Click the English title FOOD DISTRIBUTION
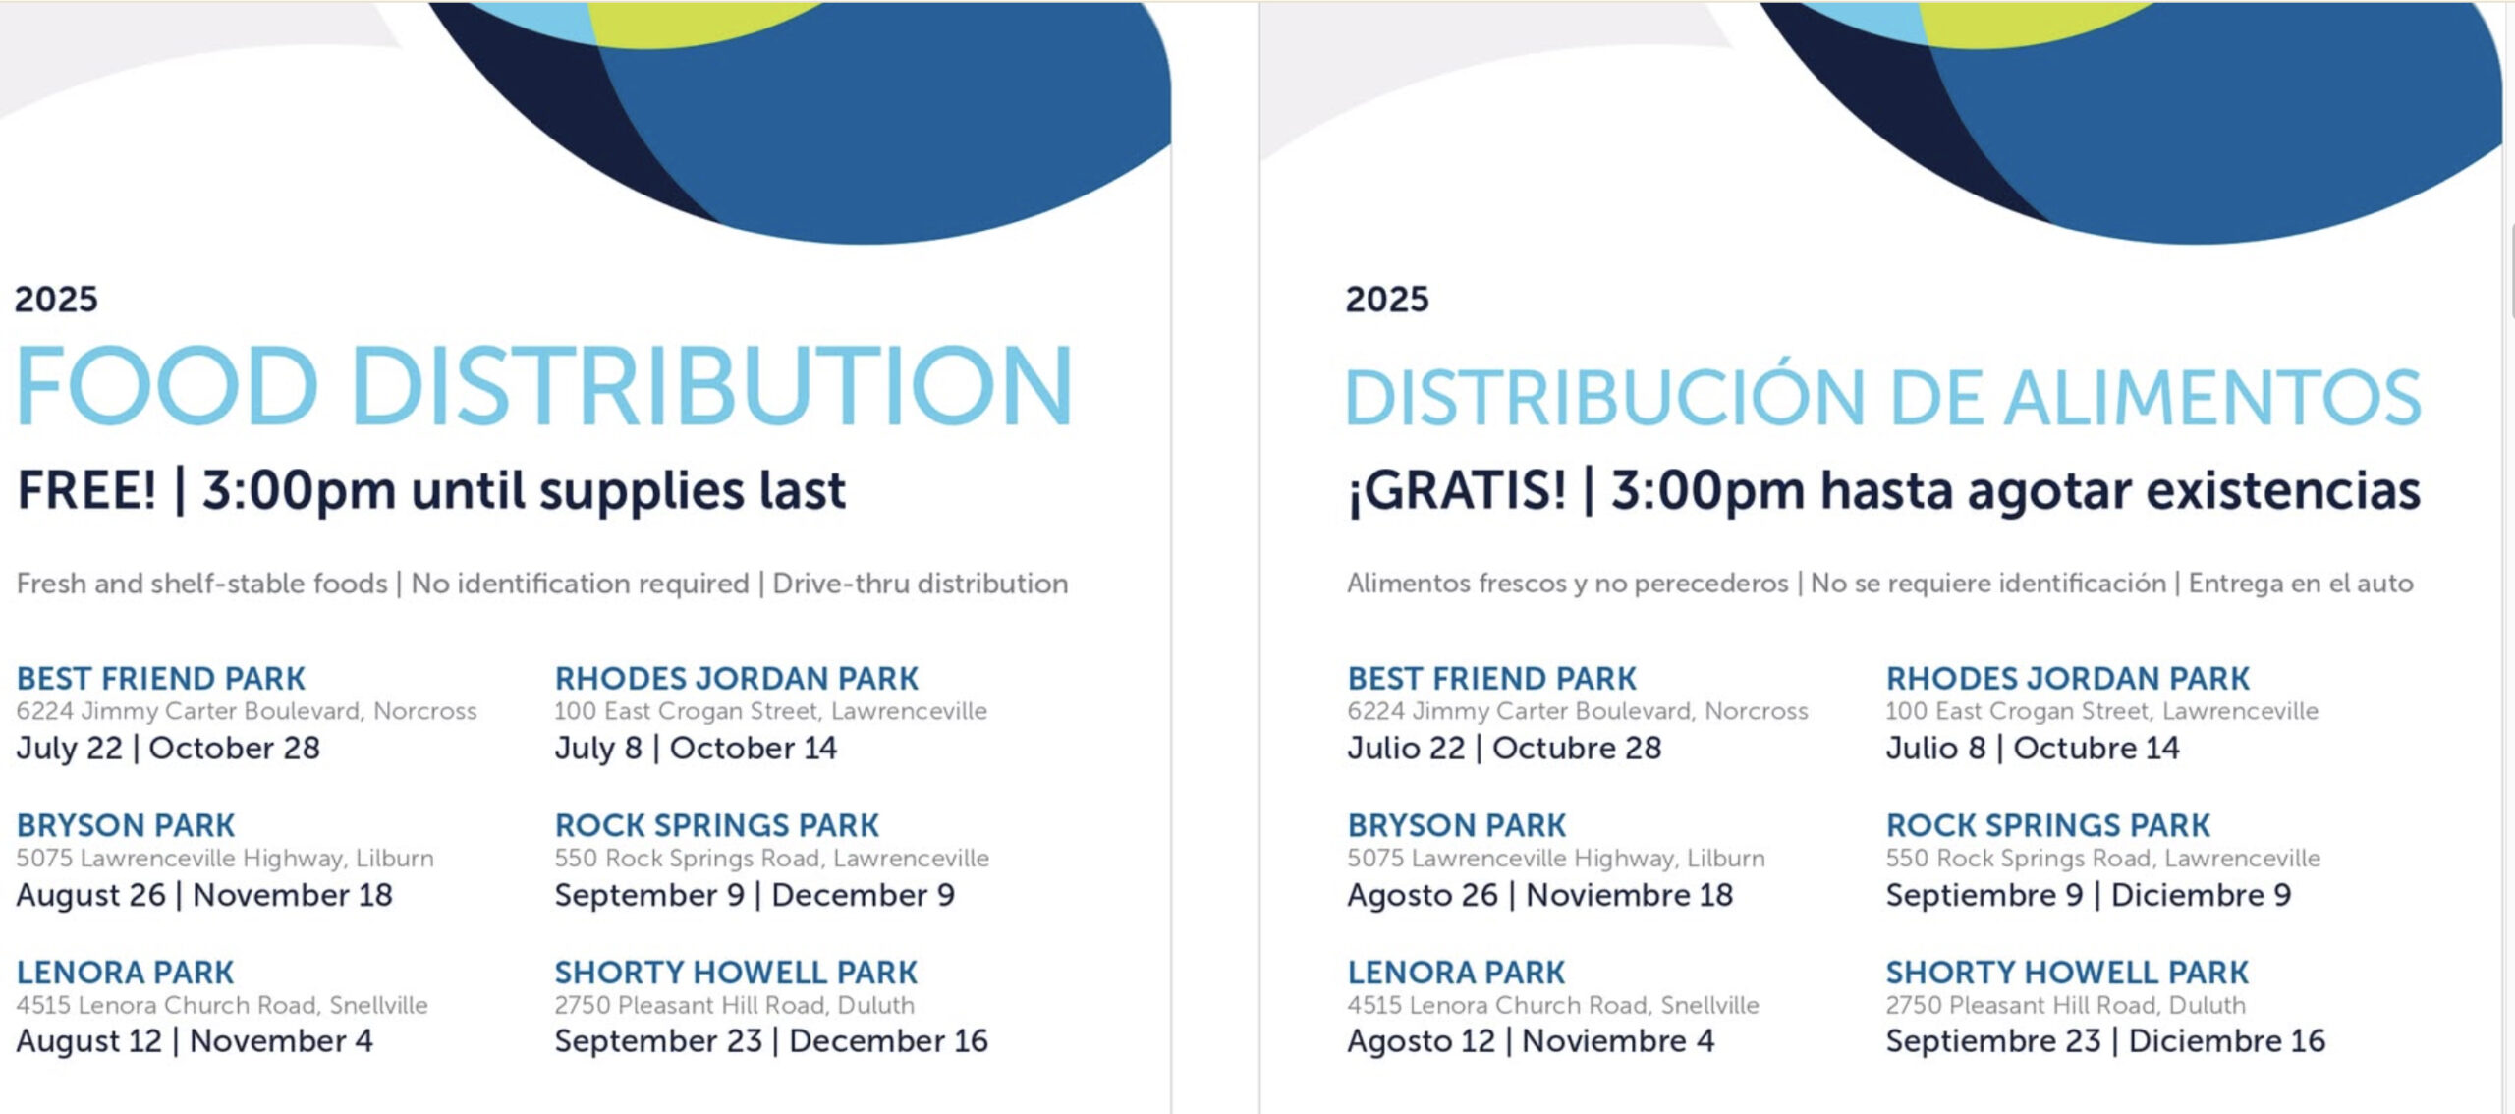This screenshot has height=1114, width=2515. click(543, 385)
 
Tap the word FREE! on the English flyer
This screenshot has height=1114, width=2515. click(86, 489)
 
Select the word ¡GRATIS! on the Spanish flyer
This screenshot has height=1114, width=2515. click(1457, 489)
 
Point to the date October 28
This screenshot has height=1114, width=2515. click(235, 749)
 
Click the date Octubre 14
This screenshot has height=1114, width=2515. click(2096, 749)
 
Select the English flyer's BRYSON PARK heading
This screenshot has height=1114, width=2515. click(126, 825)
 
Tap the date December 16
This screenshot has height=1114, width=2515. click(888, 1041)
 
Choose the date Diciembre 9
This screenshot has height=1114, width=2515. click(2201, 895)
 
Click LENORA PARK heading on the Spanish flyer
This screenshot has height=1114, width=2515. click(1456, 973)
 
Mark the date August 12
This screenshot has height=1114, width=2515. click(88, 1041)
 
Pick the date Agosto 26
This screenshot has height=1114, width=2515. click(1423, 896)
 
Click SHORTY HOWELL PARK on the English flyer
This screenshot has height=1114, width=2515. click(736, 973)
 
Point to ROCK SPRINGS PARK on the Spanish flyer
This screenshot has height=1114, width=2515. click(2047, 825)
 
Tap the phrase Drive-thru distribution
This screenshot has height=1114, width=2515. click(921, 584)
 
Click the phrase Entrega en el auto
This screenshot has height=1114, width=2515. click(2301, 584)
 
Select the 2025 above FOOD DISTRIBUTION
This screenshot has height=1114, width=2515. click(56, 299)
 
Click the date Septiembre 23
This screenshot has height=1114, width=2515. click(1993, 1041)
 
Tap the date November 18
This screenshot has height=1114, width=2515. click(293, 895)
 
